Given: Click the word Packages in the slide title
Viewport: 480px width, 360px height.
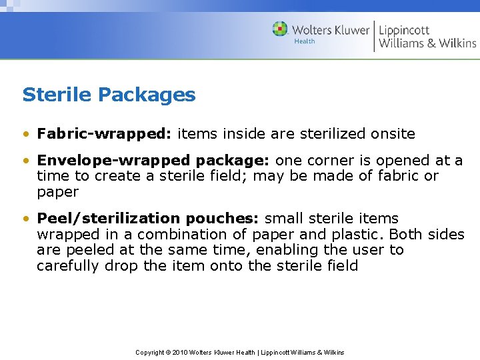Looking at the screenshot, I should click(147, 95).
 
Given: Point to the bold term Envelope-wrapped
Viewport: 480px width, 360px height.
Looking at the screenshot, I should click(113, 161).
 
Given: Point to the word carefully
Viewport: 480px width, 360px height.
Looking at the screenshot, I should click(67, 266).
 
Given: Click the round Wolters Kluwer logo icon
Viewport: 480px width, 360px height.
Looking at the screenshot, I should click(280, 29).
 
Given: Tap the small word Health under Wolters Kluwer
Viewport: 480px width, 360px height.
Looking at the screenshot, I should click(305, 41).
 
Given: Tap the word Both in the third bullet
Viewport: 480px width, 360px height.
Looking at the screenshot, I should click(404, 235).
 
